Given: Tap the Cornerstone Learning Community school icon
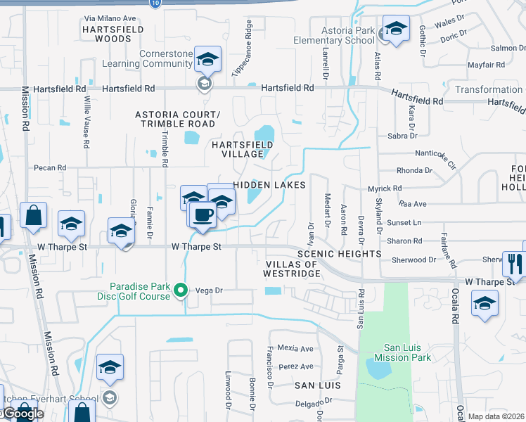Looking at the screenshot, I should pyautogui.click(x=207, y=60).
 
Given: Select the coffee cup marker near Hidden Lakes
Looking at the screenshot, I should pyautogui.click(x=202, y=214).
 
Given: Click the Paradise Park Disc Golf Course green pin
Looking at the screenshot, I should pyautogui.click(x=180, y=290).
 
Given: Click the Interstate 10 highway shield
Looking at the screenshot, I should pyautogui.click(x=155, y=3).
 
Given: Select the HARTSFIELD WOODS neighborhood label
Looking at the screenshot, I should pyautogui.click(x=113, y=34).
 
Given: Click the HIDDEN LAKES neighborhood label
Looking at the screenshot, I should pyautogui.click(x=269, y=185).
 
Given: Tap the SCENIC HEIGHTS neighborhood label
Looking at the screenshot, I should pyautogui.click(x=339, y=253).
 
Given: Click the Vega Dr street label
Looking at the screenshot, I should pyautogui.click(x=208, y=290).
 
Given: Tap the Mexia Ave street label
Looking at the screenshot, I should pyautogui.click(x=295, y=348).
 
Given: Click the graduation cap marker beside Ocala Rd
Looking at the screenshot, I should pyautogui.click(x=485, y=303).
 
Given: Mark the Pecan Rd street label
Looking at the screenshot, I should pyautogui.click(x=51, y=168).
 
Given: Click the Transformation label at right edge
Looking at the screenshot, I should pyautogui.click(x=489, y=89).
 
